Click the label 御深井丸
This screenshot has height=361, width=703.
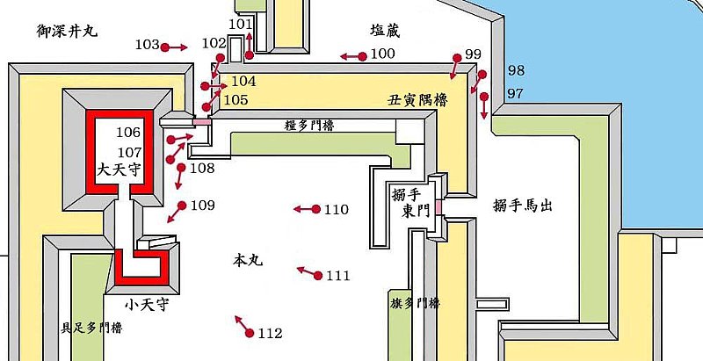68,30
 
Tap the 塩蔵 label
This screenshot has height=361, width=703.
386,31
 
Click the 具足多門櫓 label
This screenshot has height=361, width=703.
91,329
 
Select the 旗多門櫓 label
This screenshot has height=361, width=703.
416,303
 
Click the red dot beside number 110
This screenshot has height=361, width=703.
315,209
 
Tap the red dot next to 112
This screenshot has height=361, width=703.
250,333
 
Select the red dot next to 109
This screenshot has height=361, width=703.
182,206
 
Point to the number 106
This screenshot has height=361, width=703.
128,133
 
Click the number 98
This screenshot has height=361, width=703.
517,70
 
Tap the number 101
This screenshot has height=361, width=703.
239,24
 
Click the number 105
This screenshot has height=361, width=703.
236,100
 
